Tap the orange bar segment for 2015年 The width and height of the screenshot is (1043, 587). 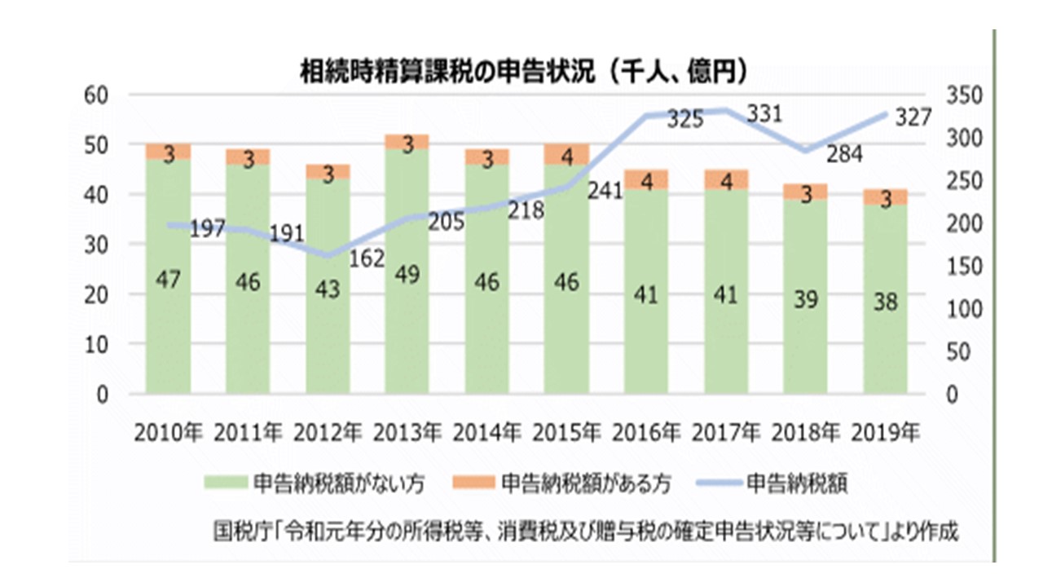click(x=566, y=155)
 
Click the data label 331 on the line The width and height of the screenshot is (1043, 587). click(x=764, y=113)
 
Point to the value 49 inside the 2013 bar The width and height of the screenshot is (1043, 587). click(x=407, y=275)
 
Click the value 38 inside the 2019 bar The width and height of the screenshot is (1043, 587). click(x=886, y=302)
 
